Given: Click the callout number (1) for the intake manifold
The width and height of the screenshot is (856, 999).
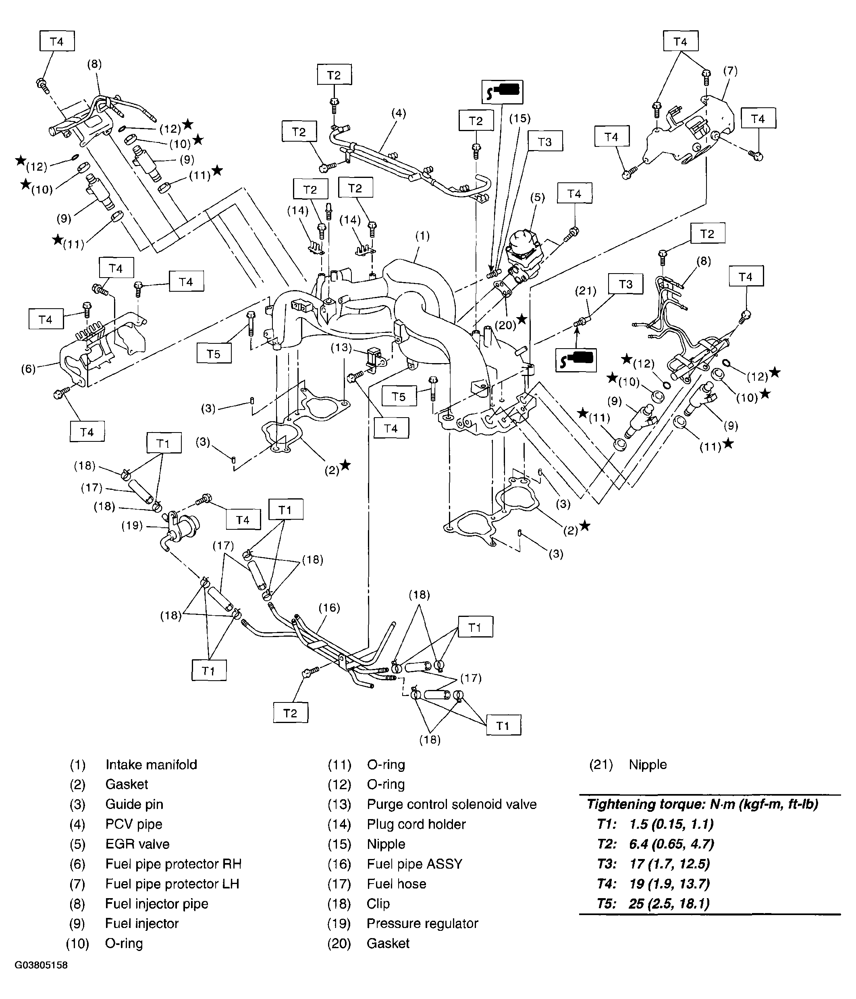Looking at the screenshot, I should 422,236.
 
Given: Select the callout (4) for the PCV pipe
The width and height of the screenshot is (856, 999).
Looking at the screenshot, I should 398,113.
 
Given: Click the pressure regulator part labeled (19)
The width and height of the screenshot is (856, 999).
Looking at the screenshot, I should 182,529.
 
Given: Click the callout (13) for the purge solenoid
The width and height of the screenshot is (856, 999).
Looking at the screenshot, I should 341,348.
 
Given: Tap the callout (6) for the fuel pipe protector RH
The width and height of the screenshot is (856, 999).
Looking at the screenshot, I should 29,369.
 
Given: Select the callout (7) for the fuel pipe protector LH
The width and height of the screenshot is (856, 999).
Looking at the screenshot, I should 730,71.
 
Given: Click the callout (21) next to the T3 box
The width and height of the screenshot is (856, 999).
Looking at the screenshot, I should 586,291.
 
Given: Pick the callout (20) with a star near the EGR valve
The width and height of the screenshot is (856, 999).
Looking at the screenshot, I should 505,325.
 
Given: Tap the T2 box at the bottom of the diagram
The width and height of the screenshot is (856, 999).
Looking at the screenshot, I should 290,713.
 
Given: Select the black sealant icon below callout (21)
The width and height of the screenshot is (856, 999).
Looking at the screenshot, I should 576,359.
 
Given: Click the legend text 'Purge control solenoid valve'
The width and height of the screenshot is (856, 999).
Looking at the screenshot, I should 451,804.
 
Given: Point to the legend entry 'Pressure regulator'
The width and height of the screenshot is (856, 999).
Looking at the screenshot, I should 422,923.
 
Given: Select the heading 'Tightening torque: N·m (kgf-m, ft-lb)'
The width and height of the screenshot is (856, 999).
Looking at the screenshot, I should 702,804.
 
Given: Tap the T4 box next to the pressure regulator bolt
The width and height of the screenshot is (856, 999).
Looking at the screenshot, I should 243,520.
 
